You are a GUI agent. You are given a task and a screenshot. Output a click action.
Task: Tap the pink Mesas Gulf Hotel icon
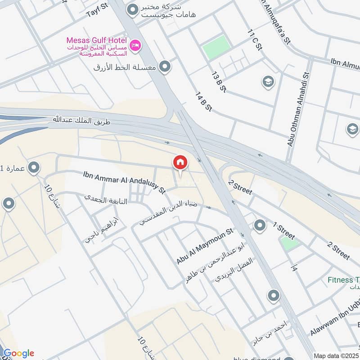tap(135, 45)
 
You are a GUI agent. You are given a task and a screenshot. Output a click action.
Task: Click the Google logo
tap(19, 353)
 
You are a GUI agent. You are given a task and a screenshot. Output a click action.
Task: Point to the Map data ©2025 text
tap(336, 355)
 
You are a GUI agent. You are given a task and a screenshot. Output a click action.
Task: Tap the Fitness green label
tap(343, 280)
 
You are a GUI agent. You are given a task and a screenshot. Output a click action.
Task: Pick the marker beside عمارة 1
tap(33, 169)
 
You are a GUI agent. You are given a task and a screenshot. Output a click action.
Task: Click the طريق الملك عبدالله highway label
tap(85, 120)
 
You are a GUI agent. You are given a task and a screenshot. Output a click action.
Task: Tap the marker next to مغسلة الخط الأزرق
tap(165, 67)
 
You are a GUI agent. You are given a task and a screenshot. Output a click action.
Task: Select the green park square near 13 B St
tap(216, 47)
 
